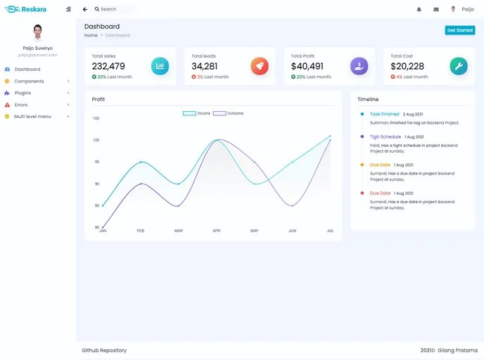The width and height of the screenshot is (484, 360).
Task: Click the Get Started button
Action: (x=460, y=30)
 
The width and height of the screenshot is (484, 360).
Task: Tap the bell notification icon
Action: (x=419, y=9)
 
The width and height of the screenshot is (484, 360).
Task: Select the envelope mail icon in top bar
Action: (x=436, y=9)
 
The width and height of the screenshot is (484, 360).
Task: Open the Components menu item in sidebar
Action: (x=29, y=81)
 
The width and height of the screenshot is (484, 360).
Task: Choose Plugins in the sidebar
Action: (x=23, y=93)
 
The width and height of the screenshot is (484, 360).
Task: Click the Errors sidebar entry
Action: (x=21, y=105)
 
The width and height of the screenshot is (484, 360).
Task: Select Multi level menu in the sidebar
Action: (x=32, y=116)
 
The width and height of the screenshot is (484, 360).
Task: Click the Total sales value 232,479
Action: (x=108, y=66)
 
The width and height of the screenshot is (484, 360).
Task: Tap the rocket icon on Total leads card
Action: (x=260, y=66)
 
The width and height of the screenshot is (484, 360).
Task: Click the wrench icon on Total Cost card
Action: (x=459, y=66)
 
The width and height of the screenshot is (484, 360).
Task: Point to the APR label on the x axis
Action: (x=217, y=231)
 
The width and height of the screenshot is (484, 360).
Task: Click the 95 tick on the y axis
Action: (x=96, y=162)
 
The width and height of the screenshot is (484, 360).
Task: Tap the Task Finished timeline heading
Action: (x=384, y=114)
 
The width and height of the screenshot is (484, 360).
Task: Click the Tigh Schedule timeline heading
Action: (x=385, y=136)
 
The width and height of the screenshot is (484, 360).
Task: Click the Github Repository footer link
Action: (x=104, y=350)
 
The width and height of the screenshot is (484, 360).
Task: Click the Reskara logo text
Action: (x=33, y=9)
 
